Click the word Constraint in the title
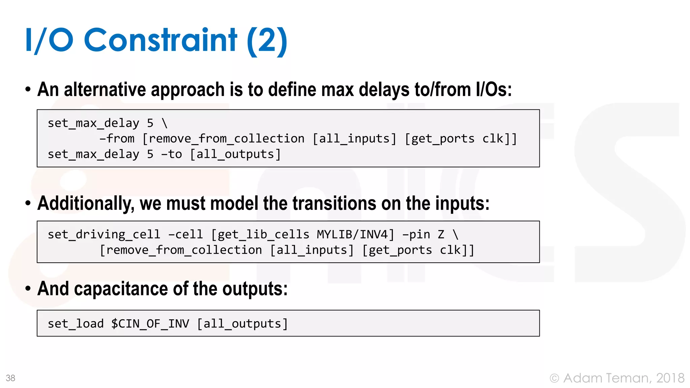coord(160,40)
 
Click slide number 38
coord(10,378)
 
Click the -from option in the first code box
coord(117,139)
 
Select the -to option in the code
coord(171,154)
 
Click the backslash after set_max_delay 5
coord(165,123)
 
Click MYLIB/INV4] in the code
coord(355,234)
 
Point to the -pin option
coord(416,234)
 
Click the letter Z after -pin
coord(441,234)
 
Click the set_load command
coord(75,324)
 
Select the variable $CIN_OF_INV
coord(150,324)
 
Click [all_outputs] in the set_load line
coord(242,324)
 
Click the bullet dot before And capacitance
coord(28,289)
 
